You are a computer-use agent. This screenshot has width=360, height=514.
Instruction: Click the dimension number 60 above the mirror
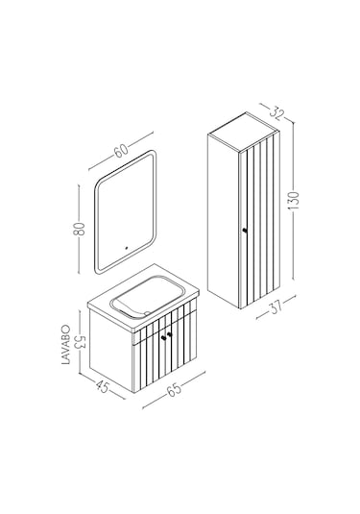121,150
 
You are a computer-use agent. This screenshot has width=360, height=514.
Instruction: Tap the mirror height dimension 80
79,229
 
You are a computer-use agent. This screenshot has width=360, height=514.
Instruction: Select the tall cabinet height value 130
295,200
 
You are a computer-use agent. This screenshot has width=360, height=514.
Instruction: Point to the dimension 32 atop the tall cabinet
276,112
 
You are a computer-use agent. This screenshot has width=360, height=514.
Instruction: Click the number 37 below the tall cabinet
276,307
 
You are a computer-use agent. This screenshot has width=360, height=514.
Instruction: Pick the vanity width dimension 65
174,389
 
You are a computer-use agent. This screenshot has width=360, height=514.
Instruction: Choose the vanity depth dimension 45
103,387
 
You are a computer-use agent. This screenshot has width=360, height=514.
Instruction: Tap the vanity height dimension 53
80,342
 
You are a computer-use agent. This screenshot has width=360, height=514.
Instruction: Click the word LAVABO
66,345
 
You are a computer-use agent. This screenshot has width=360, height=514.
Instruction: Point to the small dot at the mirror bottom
126,248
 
